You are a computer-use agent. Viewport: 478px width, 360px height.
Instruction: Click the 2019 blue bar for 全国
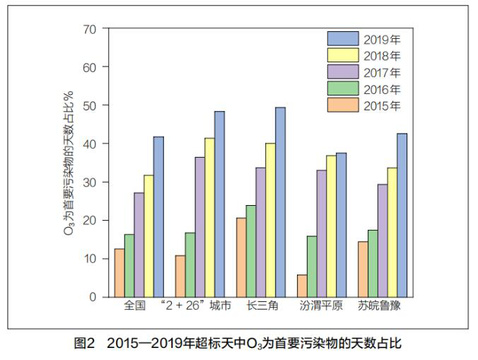click(158, 216)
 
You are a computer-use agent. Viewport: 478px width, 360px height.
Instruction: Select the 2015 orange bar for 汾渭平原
click(302, 286)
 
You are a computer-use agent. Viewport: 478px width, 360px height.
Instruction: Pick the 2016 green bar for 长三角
click(250, 251)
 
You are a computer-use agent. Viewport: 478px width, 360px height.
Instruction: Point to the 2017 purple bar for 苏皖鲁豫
click(383, 240)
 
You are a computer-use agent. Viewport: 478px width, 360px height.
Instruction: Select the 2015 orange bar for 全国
click(119, 272)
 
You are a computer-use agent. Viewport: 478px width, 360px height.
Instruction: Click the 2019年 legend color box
click(342, 38)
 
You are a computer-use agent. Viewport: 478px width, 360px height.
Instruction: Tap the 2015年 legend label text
click(383, 106)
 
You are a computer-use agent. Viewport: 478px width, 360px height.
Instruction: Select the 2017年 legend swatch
click(342, 72)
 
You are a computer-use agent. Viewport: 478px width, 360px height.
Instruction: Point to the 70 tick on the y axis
click(88, 29)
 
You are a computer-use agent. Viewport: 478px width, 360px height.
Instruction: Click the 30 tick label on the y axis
click(88, 182)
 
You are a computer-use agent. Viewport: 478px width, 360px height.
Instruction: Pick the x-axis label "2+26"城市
click(196, 308)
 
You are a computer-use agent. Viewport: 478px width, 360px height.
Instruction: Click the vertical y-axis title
click(69, 163)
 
